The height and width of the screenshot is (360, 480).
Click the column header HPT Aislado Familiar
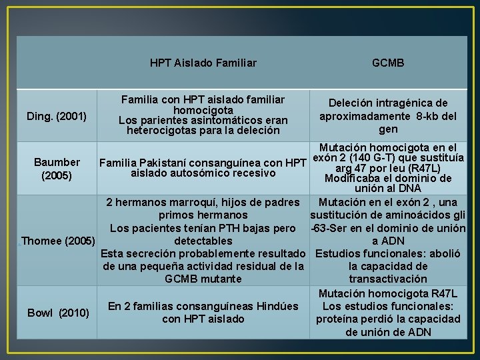pyautogui.click(x=203, y=63)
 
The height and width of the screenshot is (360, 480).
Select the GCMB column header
pyautogui.click(x=388, y=63)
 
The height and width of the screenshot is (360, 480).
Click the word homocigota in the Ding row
pyautogui.click(x=203, y=110)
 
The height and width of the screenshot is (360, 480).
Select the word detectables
pyautogui.click(x=203, y=241)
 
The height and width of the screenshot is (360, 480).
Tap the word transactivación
pyautogui.click(x=387, y=279)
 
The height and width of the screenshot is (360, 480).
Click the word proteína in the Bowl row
pyautogui.click(x=341, y=319)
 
